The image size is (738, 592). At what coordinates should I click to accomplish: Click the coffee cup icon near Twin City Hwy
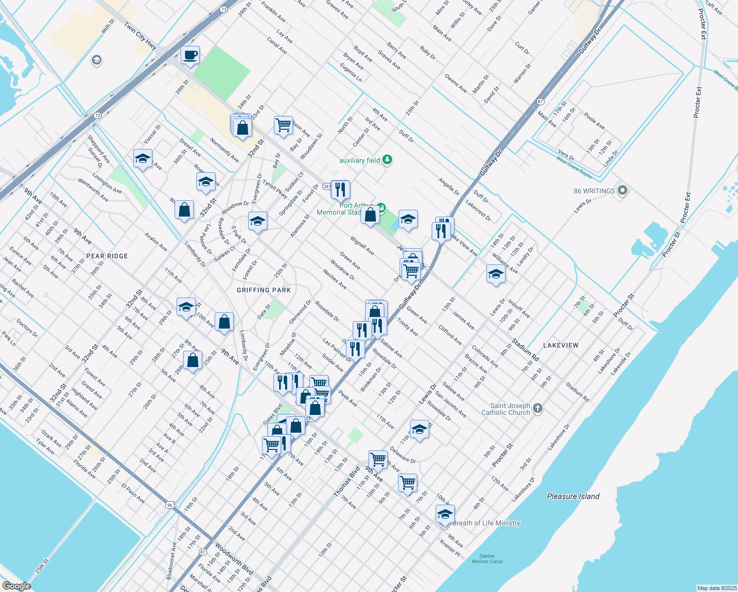tap(190, 55)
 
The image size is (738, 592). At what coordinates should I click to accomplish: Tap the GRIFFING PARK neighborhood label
tap(263, 290)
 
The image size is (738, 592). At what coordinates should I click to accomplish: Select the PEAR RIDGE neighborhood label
tap(107, 256)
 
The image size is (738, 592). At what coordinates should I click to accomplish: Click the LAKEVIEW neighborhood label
tap(560, 345)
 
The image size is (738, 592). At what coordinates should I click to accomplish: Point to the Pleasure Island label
tap(573, 496)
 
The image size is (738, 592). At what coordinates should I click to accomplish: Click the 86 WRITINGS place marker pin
tap(622, 190)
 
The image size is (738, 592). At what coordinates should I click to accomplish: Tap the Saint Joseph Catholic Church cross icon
tap(538, 408)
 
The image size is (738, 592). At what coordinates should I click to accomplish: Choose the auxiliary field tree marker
tap(387, 160)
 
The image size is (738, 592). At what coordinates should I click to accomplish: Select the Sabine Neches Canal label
tap(487, 558)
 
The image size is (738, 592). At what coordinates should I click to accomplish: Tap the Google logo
tap(16, 586)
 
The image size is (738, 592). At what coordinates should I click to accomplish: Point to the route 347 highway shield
tap(327, 186)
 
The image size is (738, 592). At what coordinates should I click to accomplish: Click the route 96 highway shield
tap(170, 505)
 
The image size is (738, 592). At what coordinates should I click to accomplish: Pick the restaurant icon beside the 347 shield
tap(340, 189)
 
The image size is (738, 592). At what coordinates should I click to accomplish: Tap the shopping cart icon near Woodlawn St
tap(283, 124)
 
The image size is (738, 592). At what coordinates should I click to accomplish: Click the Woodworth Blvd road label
tap(234, 558)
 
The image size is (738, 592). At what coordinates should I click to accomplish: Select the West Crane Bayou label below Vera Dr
tap(574, 166)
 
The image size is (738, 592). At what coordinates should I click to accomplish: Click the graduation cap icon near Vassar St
tap(143, 159)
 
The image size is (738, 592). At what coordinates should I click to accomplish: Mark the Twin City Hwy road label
tap(140, 36)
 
